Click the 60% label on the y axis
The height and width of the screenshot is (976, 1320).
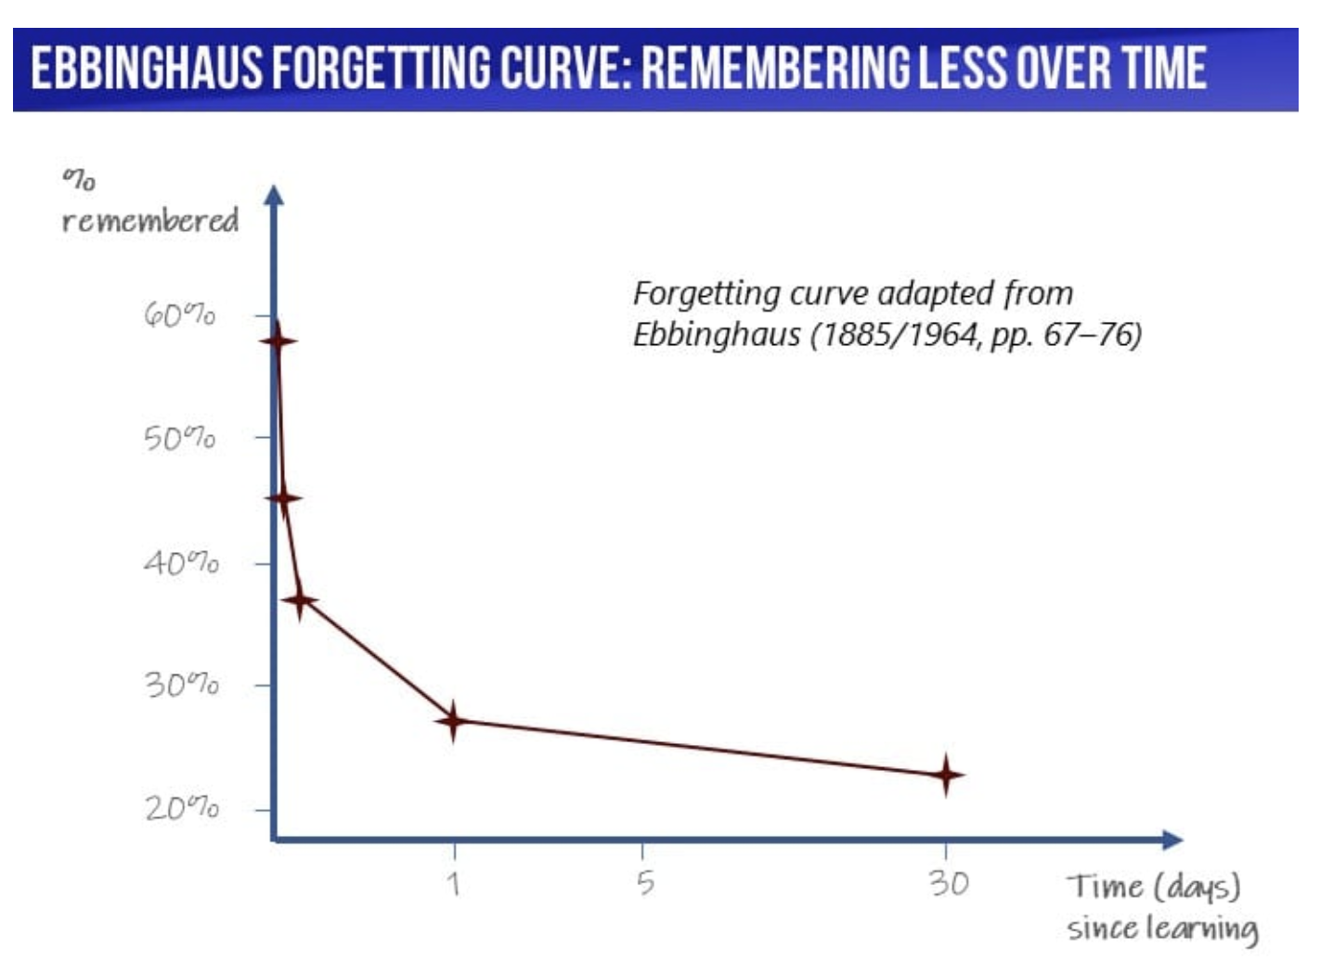click(x=179, y=315)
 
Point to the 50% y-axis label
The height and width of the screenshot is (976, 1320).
click(x=179, y=439)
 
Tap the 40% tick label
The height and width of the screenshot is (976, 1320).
click(x=181, y=562)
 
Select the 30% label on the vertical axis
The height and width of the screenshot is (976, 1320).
click(x=181, y=685)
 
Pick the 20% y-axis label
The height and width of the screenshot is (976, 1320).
click(x=182, y=808)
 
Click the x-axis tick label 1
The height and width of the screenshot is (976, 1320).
click(x=454, y=884)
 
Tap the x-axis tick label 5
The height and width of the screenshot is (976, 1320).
click(x=645, y=882)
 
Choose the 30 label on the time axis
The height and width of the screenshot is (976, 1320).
click(x=949, y=883)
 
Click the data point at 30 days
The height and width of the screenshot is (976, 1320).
click(x=946, y=775)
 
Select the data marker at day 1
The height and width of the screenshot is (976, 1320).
click(x=453, y=721)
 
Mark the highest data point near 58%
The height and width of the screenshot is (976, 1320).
click(x=277, y=340)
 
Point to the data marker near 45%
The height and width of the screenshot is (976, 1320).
click(x=283, y=498)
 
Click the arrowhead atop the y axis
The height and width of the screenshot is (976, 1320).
click(x=273, y=195)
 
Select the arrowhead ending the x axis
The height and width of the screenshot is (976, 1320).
click(x=1173, y=840)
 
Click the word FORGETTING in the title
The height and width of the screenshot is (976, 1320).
click(x=384, y=68)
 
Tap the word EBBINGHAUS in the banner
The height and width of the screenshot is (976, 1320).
click(x=147, y=68)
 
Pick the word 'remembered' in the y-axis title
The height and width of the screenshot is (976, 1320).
click(x=150, y=220)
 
